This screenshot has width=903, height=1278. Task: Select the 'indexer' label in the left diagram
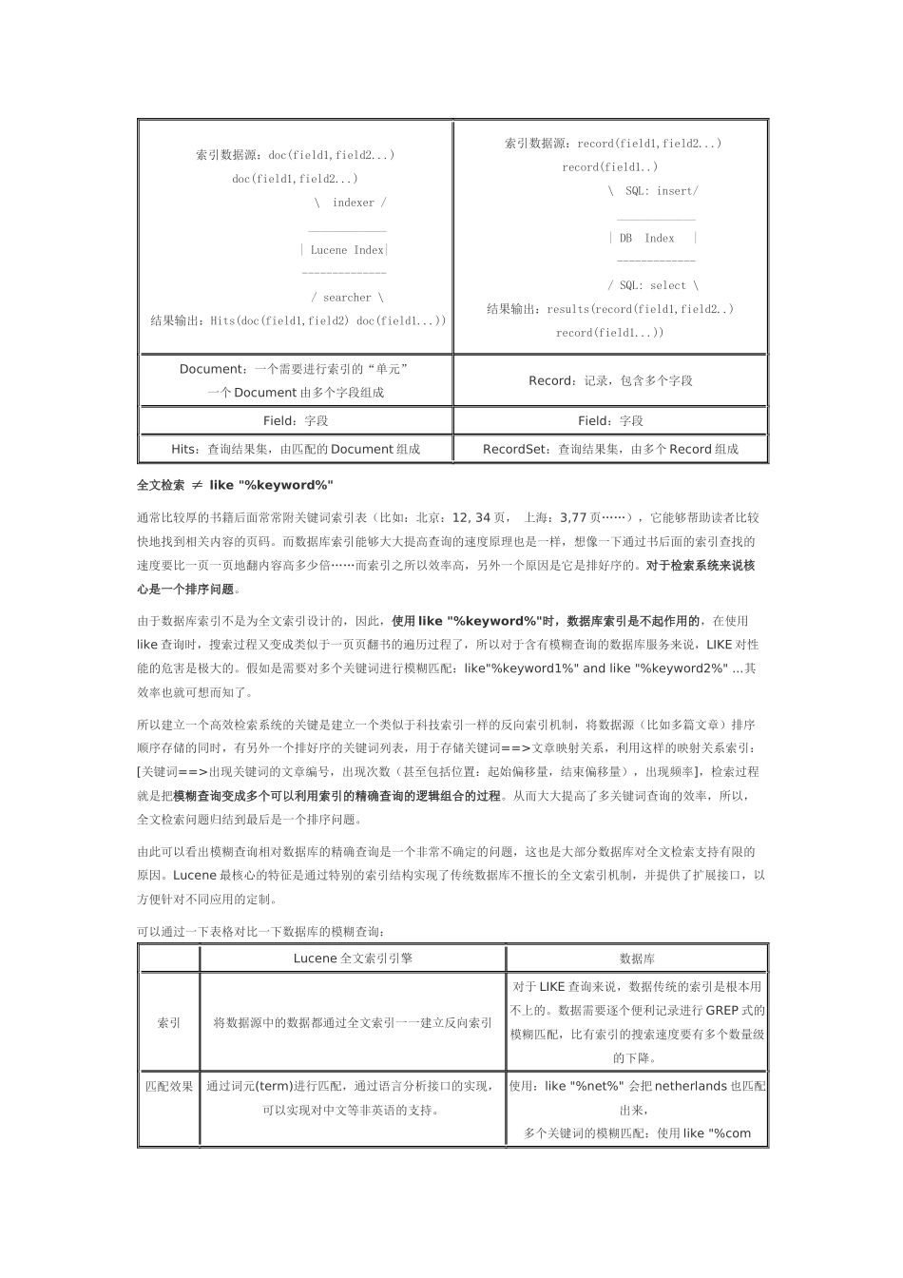(354, 203)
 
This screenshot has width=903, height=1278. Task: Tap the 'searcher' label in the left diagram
(347, 298)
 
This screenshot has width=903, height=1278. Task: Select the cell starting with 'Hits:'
(296, 449)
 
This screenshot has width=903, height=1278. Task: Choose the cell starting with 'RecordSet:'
(610, 449)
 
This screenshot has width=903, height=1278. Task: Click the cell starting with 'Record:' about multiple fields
(610, 380)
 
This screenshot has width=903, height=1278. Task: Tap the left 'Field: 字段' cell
(296, 420)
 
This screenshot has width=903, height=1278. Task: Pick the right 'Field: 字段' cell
(610, 420)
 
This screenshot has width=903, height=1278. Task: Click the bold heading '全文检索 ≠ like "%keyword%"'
(235, 485)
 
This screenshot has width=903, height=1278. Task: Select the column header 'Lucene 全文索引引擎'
(353, 958)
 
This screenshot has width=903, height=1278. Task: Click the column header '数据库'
(637, 959)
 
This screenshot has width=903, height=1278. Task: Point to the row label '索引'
(169, 1023)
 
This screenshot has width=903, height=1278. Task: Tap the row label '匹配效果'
(169, 1086)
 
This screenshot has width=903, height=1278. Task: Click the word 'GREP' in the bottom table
(722, 1011)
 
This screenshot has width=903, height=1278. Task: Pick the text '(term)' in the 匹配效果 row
(274, 1086)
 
